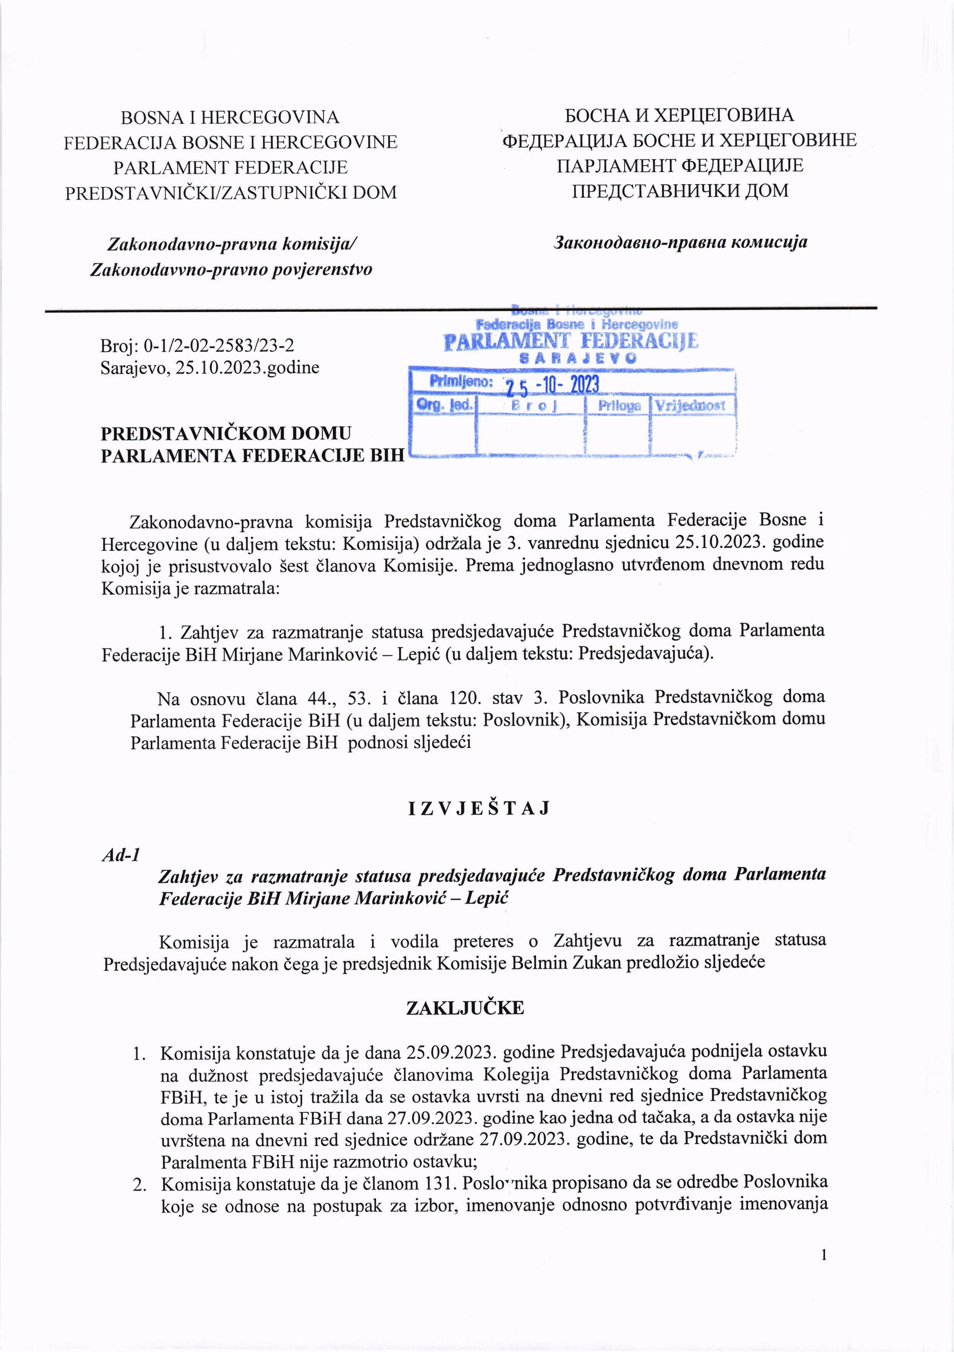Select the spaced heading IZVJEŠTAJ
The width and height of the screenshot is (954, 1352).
point(479,808)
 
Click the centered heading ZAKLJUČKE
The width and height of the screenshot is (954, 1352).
point(464,1008)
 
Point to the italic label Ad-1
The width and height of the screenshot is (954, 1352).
point(121,854)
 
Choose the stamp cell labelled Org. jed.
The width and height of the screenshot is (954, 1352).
point(444,404)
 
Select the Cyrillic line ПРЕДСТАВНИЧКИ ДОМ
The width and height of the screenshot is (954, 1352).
point(680,191)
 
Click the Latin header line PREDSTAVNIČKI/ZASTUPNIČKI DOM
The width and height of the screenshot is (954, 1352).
point(231,193)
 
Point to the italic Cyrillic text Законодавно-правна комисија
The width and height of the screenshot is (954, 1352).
point(680,242)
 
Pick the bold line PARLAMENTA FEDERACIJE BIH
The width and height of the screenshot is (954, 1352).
point(253,455)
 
